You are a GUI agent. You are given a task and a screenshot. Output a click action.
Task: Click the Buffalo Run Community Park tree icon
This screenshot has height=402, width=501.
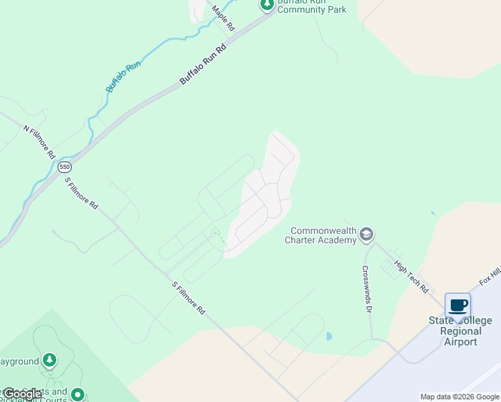(267, 5)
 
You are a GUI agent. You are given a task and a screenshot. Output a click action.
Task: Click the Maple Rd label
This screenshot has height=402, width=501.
(224, 18)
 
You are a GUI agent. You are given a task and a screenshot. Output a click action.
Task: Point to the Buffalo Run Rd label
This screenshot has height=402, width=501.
(203, 64)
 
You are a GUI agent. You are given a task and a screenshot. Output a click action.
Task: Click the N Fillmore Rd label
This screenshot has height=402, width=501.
(39, 141)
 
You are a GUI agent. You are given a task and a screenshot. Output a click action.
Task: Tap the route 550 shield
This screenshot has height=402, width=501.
(64, 167)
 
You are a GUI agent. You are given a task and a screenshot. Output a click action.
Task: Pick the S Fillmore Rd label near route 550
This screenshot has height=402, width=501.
(81, 193)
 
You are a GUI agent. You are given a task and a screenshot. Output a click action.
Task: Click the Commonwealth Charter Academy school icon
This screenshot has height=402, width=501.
(366, 234)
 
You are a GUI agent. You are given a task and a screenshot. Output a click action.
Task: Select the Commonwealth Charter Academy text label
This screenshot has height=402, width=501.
(321, 234)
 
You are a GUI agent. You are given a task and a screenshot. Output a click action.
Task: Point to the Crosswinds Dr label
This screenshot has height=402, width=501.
(367, 289)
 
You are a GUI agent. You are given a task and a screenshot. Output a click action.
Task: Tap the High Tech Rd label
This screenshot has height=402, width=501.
(411, 277)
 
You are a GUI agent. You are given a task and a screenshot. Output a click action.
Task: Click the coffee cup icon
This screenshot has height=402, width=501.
(457, 306)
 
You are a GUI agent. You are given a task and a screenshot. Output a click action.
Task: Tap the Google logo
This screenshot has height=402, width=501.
(22, 394)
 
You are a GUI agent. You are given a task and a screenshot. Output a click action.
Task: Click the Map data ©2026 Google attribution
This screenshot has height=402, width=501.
(459, 397)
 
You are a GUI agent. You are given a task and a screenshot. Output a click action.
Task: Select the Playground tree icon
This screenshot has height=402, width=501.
(49, 361)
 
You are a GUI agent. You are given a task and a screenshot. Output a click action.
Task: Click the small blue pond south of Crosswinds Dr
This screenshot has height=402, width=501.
(328, 336)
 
